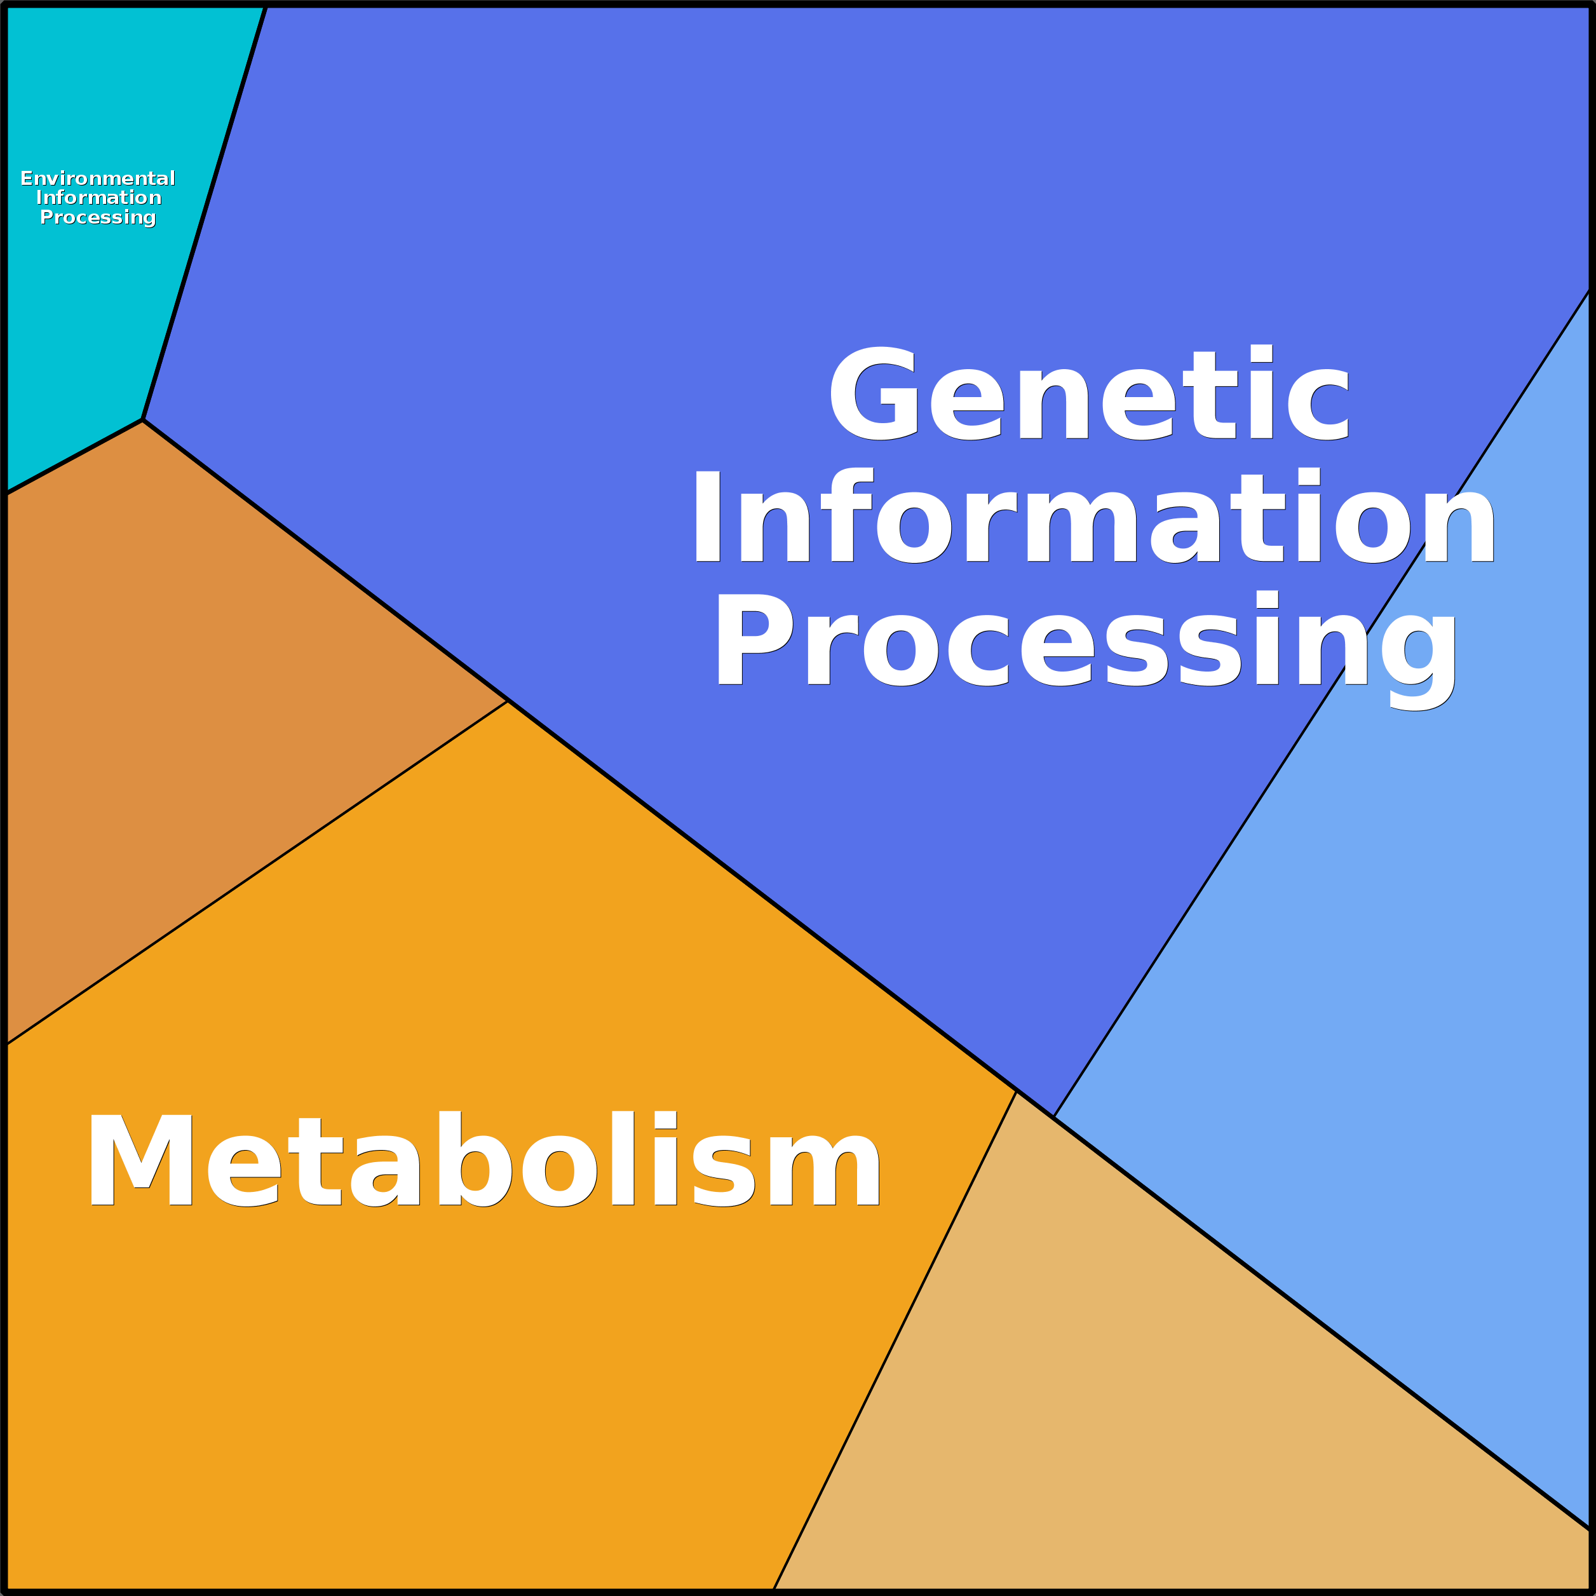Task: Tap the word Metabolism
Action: point(484,1160)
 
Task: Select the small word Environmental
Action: point(97,179)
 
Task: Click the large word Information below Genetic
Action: point(1093,517)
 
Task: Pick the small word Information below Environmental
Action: point(98,198)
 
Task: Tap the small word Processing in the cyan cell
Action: point(97,217)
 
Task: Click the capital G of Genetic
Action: point(873,393)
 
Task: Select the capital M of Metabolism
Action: point(141,1160)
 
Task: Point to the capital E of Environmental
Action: point(27,179)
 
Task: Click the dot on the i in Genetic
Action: point(1261,353)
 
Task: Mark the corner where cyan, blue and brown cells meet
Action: point(143,420)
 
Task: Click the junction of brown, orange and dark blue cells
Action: point(507,701)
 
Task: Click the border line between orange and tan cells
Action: point(895,1341)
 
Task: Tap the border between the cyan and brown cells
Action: point(74,457)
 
